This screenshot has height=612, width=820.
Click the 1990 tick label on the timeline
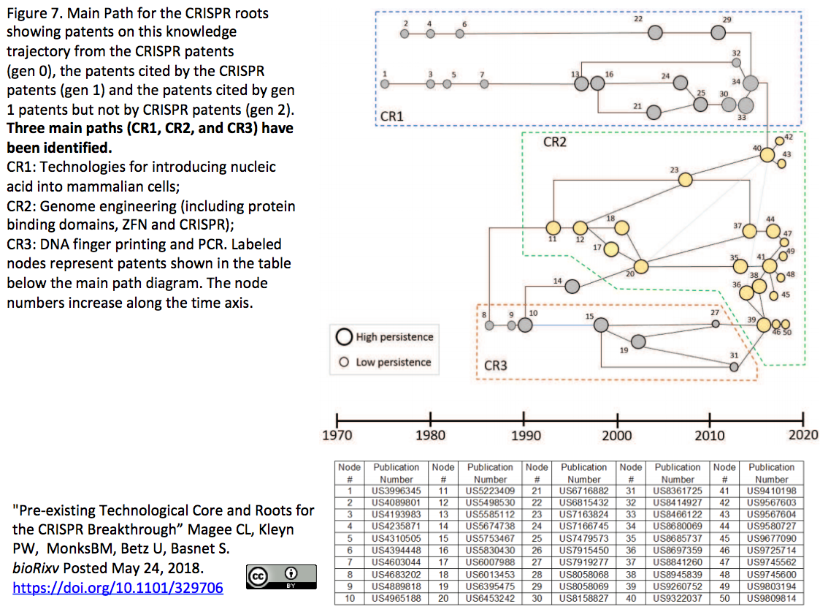pyautogui.click(x=526, y=436)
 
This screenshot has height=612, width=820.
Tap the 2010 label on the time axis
pyautogui.click(x=710, y=436)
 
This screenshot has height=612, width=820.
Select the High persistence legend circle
pyautogui.click(x=344, y=337)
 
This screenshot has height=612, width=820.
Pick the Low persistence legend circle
pyautogui.click(x=344, y=362)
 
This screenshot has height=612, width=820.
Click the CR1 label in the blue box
pyautogui.click(x=391, y=116)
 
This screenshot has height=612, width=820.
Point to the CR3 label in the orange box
pyautogui.click(x=495, y=366)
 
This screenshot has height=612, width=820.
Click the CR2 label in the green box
pyautogui.click(x=554, y=142)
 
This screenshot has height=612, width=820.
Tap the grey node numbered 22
pyautogui.click(x=655, y=33)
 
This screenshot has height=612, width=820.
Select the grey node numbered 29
pyautogui.click(x=718, y=33)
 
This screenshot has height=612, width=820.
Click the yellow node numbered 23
pyautogui.click(x=685, y=180)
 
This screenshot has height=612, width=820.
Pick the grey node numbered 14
pyautogui.click(x=572, y=287)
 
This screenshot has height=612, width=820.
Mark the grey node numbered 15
pyautogui.click(x=601, y=325)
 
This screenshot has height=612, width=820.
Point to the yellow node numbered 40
pyautogui.click(x=767, y=155)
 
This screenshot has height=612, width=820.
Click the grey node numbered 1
pyautogui.click(x=385, y=84)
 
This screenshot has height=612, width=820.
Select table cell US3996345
pyautogui.click(x=396, y=491)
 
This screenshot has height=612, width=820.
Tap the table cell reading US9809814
pyautogui.click(x=771, y=598)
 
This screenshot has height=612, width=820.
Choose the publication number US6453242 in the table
pyautogui.click(x=490, y=598)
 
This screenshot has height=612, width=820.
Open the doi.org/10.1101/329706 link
pyautogui.click(x=118, y=588)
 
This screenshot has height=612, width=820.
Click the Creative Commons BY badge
pyautogui.click(x=281, y=577)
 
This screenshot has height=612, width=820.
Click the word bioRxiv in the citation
pyautogui.click(x=36, y=568)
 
